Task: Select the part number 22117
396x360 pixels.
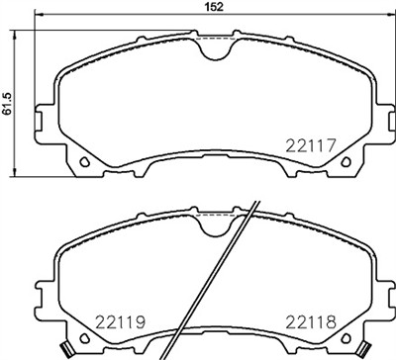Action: [x=311, y=143]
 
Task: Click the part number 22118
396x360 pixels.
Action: [x=311, y=320]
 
